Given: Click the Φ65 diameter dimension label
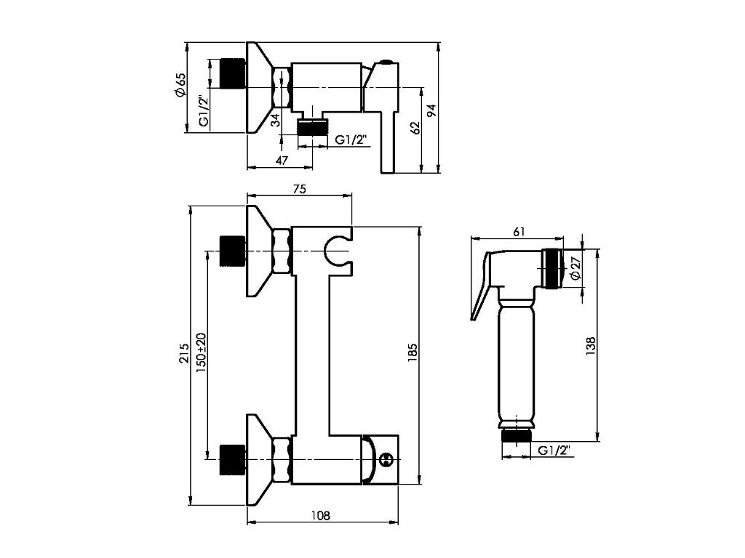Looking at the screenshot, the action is click(x=180, y=86).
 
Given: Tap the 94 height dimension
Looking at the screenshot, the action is click(x=431, y=111).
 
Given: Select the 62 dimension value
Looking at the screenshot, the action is click(x=415, y=128).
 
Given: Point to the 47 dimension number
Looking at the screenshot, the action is click(x=282, y=161).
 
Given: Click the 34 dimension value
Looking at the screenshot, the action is click(x=275, y=120).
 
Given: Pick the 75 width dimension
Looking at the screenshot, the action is click(x=299, y=188).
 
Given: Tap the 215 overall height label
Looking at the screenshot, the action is click(x=183, y=353).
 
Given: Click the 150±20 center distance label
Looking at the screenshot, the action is click(x=201, y=352).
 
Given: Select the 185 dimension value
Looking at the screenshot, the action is click(x=412, y=353).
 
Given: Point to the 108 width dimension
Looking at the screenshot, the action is click(x=321, y=515).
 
